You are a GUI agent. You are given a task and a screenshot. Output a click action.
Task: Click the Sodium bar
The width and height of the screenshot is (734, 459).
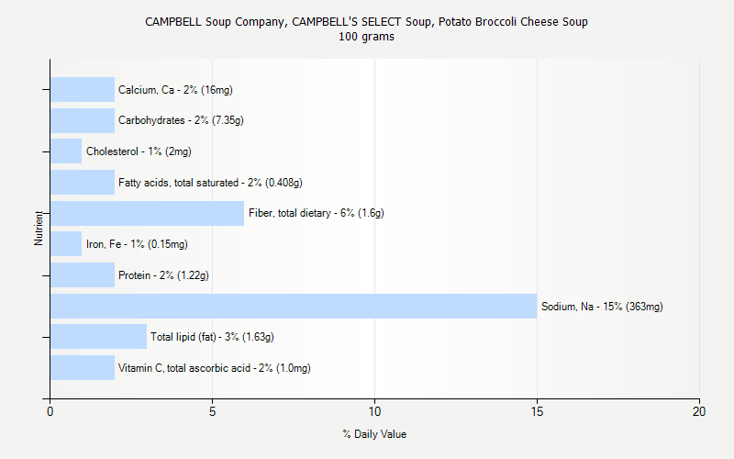(x=294, y=306)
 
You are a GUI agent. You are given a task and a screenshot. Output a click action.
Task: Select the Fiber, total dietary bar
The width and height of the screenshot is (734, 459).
(x=147, y=213)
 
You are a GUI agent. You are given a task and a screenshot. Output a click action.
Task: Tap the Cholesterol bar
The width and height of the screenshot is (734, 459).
(x=66, y=151)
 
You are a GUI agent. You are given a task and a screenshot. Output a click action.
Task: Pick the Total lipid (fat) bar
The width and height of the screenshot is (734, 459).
(x=98, y=337)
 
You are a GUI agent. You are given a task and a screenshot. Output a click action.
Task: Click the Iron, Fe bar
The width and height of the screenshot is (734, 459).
(x=66, y=244)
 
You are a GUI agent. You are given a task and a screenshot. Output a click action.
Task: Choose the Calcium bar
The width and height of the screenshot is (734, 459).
(x=83, y=89)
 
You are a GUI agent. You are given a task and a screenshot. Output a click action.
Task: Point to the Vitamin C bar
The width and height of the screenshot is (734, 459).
(x=83, y=368)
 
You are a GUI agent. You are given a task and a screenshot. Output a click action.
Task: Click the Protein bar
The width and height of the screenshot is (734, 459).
(x=83, y=274)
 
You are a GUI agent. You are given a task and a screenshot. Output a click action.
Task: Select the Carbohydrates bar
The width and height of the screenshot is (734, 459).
(x=83, y=120)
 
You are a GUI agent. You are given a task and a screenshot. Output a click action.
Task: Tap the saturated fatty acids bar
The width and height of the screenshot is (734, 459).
(x=83, y=182)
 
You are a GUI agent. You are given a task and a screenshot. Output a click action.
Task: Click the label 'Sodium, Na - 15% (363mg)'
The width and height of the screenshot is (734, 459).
(x=602, y=307)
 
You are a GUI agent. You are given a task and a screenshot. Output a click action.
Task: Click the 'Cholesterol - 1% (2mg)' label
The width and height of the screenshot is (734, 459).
(x=139, y=151)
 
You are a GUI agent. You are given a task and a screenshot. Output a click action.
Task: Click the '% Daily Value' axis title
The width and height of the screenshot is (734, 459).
(x=374, y=434)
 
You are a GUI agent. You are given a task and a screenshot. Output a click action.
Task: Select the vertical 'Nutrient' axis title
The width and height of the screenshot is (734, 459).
(x=39, y=228)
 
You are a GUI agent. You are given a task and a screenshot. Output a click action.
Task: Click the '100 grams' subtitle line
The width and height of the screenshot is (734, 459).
(x=366, y=37)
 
